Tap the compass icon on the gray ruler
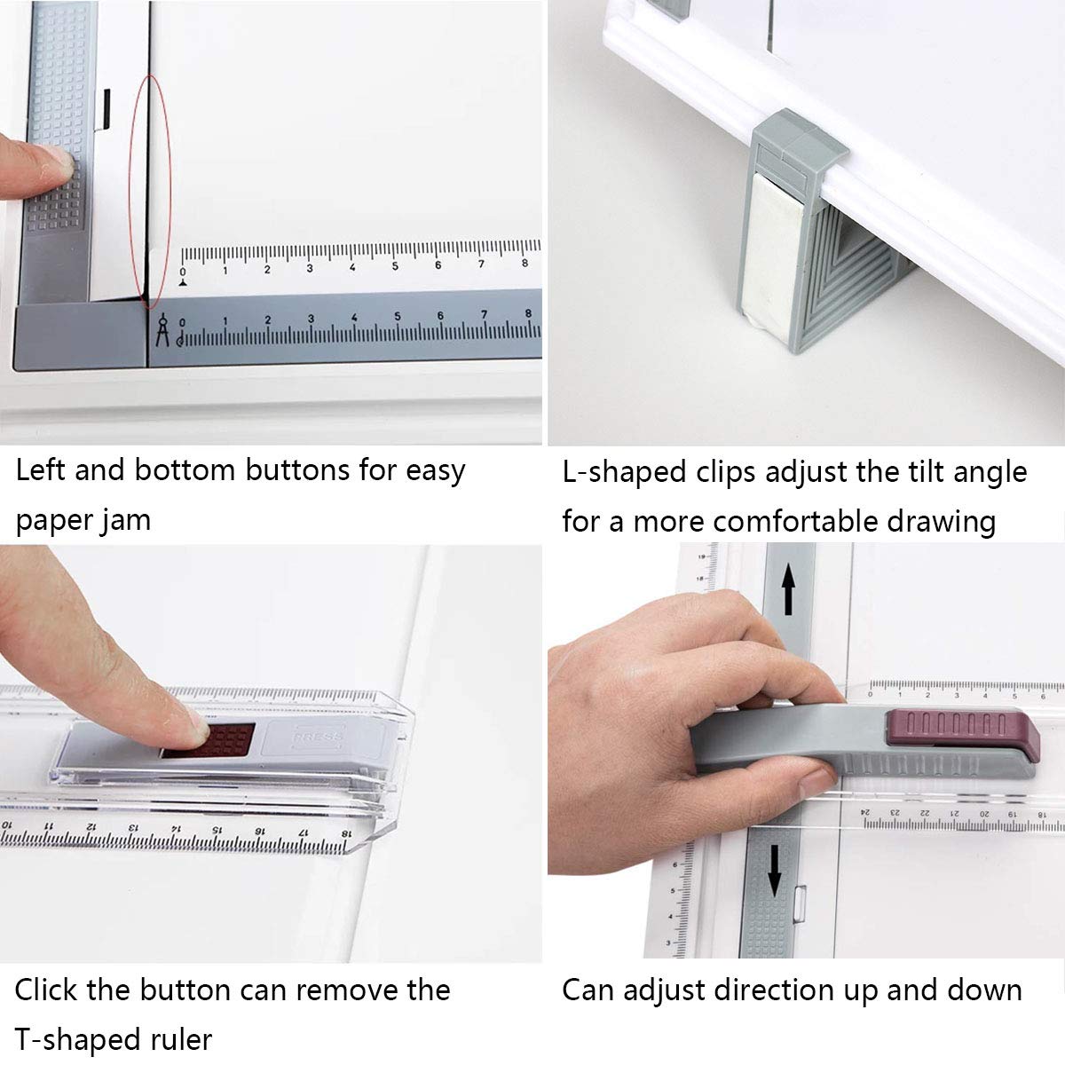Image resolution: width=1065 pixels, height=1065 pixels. pyautogui.click(x=162, y=328)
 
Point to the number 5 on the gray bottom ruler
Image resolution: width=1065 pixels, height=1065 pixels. pyautogui.click(x=398, y=317)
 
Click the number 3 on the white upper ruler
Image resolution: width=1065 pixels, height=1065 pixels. pyautogui.click(x=310, y=267)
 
